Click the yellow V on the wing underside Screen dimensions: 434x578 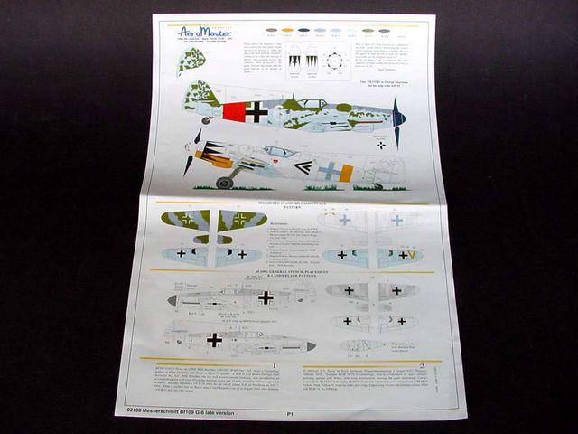pos(411,256)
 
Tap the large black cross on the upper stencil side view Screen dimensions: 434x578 pos(266,297)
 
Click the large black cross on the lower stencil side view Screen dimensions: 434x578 pos(214,340)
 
